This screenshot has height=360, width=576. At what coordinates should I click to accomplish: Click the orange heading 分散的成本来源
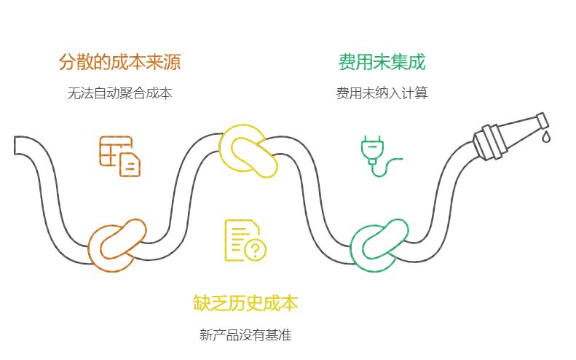pyautogui.click(x=119, y=63)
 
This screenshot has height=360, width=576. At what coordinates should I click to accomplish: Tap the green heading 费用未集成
pyautogui.click(x=382, y=63)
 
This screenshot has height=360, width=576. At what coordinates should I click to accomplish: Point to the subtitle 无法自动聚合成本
pyautogui.click(x=119, y=94)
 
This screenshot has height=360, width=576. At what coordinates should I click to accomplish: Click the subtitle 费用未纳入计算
pyautogui.click(x=382, y=94)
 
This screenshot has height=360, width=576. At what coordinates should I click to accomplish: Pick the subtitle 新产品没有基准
pyautogui.click(x=245, y=335)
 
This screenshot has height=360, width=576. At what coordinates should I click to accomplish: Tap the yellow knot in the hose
pyautogui.click(x=249, y=151)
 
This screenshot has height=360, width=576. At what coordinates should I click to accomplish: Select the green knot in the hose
pyautogui.click(x=379, y=245)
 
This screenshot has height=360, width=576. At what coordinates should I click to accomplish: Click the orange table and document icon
pyautogui.click(x=120, y=156)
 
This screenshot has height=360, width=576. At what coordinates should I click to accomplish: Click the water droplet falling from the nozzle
pyautogui.click(x=546, y=136)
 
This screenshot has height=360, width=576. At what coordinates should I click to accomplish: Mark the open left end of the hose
pyautogui.click(x=17, y=145)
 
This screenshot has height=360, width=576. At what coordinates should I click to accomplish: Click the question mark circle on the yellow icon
pyautogui.click(x=255, y=250)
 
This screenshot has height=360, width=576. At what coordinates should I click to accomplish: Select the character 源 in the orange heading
pyautogui.click(x=172, y=63)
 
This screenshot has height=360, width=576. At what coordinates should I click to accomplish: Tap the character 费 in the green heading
pyautogui.click(x=347, y=63)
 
